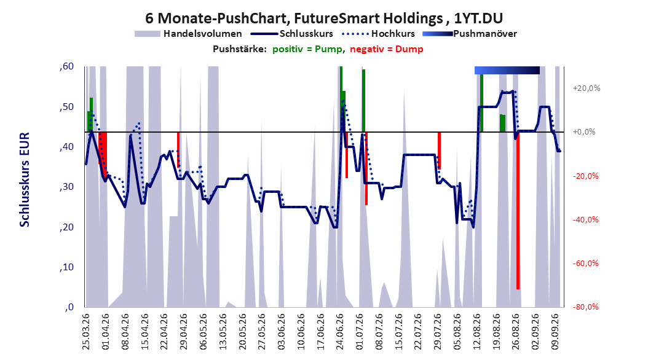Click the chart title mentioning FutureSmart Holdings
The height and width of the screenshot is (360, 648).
coord(324,18)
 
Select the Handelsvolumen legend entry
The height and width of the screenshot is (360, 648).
coord(189,34)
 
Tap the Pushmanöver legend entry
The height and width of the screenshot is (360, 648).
coord(470,34)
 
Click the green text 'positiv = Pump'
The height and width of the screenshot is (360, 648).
coord(307,49)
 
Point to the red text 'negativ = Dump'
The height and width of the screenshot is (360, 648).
coord(387,49)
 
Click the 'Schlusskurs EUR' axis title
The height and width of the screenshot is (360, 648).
coord(25,179)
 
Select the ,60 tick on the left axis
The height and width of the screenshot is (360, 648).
coord(66,66)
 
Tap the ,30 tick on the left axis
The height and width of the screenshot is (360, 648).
coord(66,187)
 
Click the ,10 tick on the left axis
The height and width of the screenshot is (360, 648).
coord(66,267)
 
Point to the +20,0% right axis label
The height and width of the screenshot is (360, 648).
coord(587,88)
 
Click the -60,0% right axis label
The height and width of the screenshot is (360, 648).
coord(585,264)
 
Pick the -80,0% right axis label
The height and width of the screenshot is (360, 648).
coord(585,307)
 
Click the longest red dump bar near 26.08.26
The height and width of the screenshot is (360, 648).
coord(518,211)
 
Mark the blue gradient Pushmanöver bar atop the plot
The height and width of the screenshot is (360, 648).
coord(507,70)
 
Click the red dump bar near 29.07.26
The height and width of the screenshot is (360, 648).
coord(440,151)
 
